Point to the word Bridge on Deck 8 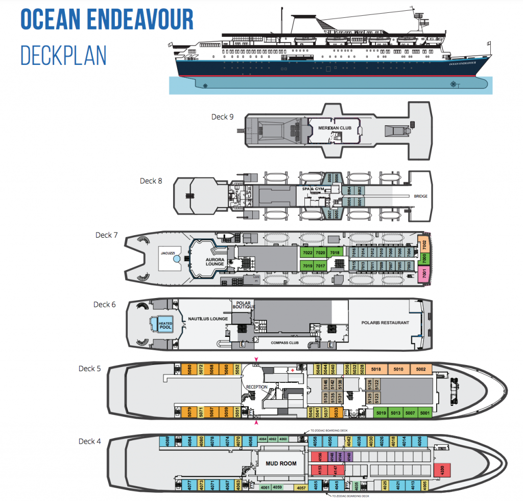[420, 196]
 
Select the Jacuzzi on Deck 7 [168, 253]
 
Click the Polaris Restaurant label [385, 323]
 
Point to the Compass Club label [285, 343]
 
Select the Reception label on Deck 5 [257, 386]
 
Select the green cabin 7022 [307, 253]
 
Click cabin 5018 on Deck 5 [376, 369]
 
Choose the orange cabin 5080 [189, 369]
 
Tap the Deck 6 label [105, 305]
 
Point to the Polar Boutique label [243, 306]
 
